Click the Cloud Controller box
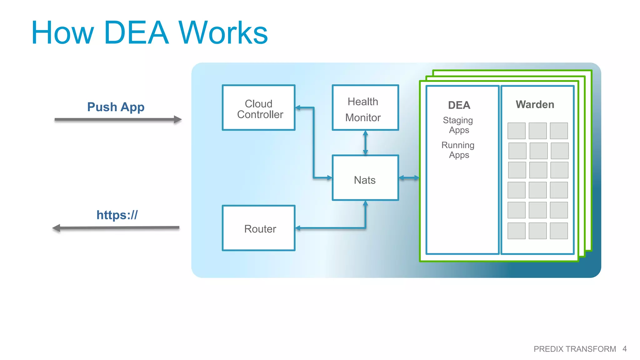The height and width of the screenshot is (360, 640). [x=258, y=108]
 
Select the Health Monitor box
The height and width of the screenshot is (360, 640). [x=365, y=108]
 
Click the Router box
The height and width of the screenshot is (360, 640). [x=258, y=228]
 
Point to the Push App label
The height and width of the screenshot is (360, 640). [x=116, y=107]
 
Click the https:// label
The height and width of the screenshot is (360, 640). [x=117, y=215]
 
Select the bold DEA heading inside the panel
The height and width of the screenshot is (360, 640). [x=459, y=105]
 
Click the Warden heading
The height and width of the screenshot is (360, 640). [x=535, y=104]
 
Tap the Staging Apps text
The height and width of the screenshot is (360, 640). [x=458, y=125]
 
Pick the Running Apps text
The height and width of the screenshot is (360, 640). [x=458, y=150]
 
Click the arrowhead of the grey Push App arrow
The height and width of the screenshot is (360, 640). [x=177, y=119]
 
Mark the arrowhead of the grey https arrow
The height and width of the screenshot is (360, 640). [x=57, y=228]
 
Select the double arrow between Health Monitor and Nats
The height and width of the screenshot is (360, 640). [x=365, y=143]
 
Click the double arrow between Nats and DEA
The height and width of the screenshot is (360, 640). [x=409, y=178]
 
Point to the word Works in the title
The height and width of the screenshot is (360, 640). [x=223, y=33]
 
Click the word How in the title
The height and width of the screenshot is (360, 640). [x=62, y=33]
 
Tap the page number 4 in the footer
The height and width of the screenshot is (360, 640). [x=624, y=349]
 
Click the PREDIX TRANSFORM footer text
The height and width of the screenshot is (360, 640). [x=574, y=349]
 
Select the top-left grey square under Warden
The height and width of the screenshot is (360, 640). [x=516, y=131]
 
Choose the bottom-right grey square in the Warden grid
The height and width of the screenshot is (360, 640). [x=559, y=231]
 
